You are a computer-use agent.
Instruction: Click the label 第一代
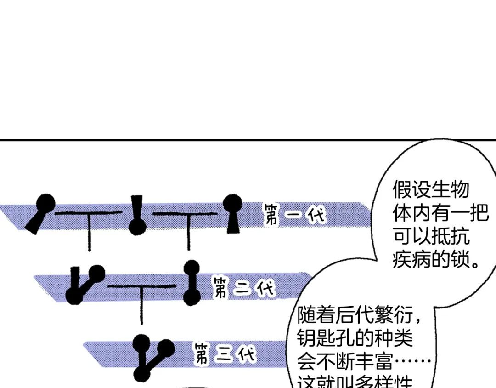[294, 215]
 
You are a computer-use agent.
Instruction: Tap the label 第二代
[243, 288]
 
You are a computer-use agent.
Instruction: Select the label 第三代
[225, 354]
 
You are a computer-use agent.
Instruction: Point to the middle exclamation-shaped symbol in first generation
[137, 214]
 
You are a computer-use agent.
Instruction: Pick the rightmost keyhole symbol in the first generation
[232, 213]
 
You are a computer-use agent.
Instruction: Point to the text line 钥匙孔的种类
[355, 339]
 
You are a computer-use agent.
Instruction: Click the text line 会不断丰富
[363, 362]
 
